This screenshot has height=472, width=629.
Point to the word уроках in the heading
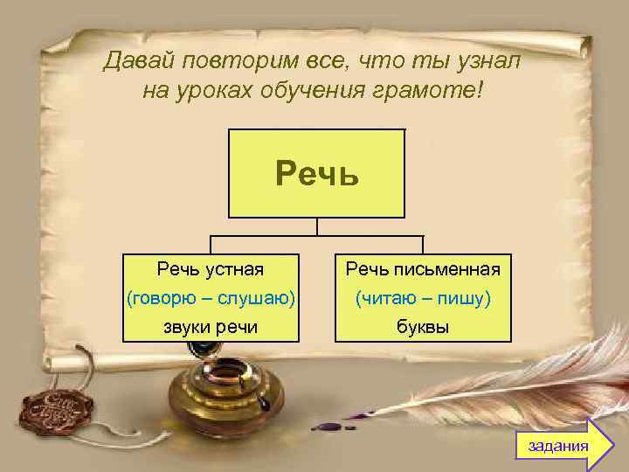[x=216, y=90]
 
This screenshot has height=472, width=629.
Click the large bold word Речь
[x=317, y=173]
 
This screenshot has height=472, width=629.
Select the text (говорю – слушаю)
[x=210, y=298]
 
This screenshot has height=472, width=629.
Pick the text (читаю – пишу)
[x=423, y=298]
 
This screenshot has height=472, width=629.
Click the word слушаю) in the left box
[x=263, y=298]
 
